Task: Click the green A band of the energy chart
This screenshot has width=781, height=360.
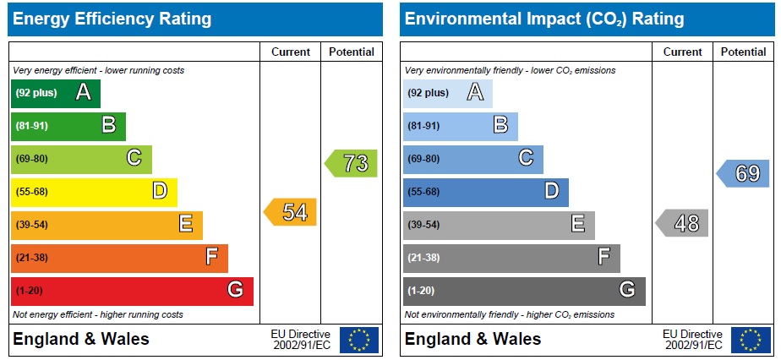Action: [x=56, y=93]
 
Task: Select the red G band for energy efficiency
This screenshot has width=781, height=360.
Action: [x=131, y=291]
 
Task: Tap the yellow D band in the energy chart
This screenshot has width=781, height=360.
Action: [x=93, y=192]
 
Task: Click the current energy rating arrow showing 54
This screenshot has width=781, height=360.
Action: [x=292, y=212]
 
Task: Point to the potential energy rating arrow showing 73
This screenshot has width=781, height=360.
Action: [x=352, y=163]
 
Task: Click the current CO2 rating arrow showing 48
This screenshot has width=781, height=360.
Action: [x=684, y=223]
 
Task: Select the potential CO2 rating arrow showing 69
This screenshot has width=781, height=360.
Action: [x=745, y=173]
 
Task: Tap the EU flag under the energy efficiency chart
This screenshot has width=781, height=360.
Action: [x=359, y=340]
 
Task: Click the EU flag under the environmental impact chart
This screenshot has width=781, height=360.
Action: [x=751, y=340]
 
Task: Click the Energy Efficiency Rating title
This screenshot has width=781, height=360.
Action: [x=112, y=19]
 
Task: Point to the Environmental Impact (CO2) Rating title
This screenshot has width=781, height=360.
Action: [x=544, y=19]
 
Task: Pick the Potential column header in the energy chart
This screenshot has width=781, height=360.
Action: [x=352, y=52]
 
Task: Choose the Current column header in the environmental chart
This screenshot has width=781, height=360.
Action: [x=683, y=52]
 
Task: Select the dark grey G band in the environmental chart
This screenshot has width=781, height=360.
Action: [x=523, y=291]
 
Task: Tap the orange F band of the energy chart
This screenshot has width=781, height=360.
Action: [x=118, y=258]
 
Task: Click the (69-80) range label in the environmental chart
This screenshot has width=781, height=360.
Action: [x=423, y=159]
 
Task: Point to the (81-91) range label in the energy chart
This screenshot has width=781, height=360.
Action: [x=31, y=126]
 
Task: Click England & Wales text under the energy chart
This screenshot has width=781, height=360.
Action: [x=81, y=340]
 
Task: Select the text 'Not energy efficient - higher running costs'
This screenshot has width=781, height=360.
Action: [x=97, y=314]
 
